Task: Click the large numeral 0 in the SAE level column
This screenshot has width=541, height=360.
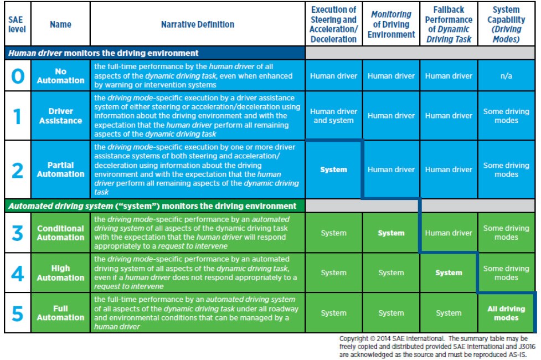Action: pyautogui.click(x=17, y=76)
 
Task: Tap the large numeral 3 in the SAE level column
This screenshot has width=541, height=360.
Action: pyautogui.click(x=17, y=233)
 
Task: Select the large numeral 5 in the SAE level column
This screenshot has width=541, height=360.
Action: pyautogui.click(x=17, y=313)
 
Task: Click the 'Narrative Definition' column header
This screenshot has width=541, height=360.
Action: pyautogui.click(x=197, y=24)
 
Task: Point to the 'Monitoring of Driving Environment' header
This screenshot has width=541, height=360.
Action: pyautogui.click(x=391, y=24)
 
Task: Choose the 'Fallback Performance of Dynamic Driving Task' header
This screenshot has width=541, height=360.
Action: pyautogui.click(x=449, y=24)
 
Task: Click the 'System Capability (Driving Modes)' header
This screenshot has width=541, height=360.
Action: pyautogui.click(x=506, y=24)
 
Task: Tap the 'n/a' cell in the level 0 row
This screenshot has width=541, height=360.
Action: pyautogui.click(x=506, y=76)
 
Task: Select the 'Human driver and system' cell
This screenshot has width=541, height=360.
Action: pyautogui.click(x=333, y=116)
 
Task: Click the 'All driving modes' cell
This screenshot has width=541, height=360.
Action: pyautogui.click(x=506, y=313)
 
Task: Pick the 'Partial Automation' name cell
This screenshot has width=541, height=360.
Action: pyautogui.click(x=61, y=170)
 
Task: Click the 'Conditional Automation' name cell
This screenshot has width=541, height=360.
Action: pyautogui.click(x=61, y=233)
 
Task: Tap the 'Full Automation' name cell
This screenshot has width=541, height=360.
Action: pyautogui.click(x=61, y=313)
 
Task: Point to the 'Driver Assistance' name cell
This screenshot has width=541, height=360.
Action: pyautogui.click(x=61, y=116)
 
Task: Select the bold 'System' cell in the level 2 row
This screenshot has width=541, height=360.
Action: pyautogui.click(x=333, y=170)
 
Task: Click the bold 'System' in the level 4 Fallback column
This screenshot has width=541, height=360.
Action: pyautogui.click(x=449, y=273)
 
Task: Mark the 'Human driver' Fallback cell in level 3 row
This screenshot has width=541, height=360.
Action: pyautogui.click(x=449, y=233)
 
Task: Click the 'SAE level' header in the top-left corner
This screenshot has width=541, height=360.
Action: pyautogui.click(x=17, y=24)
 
